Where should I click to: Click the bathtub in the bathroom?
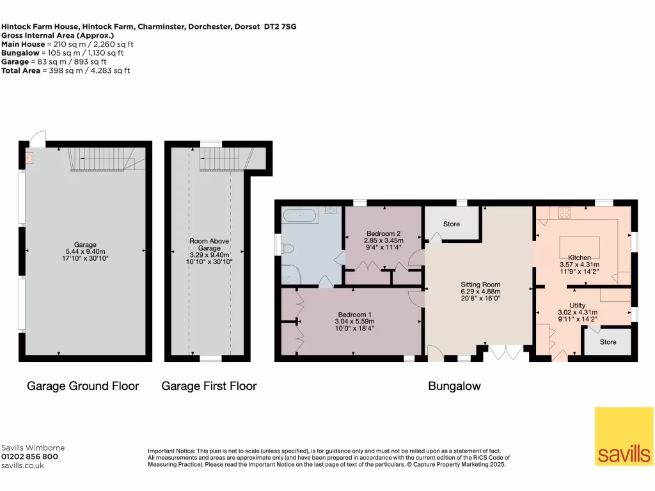pos(299,215)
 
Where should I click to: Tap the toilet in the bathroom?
pos(288,248)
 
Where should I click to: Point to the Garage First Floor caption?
pos(209,386)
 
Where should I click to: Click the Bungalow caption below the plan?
pos(454,386)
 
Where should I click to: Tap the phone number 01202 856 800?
pos(29,457)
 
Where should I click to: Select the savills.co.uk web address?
pos(22,466)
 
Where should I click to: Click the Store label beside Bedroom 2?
pos(452,224)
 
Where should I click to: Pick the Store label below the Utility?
pos(608,342)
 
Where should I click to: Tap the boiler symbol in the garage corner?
pos(29,157)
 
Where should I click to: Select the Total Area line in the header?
pos(65,70)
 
